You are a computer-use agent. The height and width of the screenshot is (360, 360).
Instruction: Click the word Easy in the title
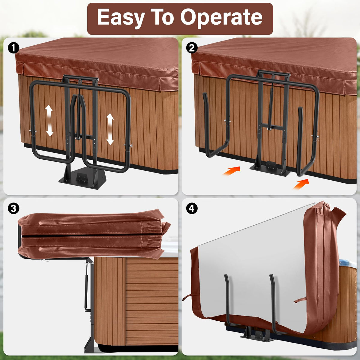tap(121, 17)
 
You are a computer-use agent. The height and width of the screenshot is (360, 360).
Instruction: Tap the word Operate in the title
tap(221, 17)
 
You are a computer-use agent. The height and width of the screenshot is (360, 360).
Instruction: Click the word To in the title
tap(162, 17)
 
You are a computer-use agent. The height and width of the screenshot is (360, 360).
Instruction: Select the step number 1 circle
tap(13, 48)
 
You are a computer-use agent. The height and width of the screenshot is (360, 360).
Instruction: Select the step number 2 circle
tap(192, 48)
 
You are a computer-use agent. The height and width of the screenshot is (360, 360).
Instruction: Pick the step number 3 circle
tap(13, 208)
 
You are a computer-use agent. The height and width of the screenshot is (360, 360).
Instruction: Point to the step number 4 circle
tap(192, 208)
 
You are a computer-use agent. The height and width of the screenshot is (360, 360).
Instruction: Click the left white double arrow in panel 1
tap(49, 121)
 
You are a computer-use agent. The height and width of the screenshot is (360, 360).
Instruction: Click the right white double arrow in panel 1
tap(110, 129)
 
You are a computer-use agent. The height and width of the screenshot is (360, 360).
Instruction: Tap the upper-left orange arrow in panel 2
tap(232, 171)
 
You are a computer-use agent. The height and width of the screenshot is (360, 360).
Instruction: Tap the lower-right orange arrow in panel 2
tap(301, 184)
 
